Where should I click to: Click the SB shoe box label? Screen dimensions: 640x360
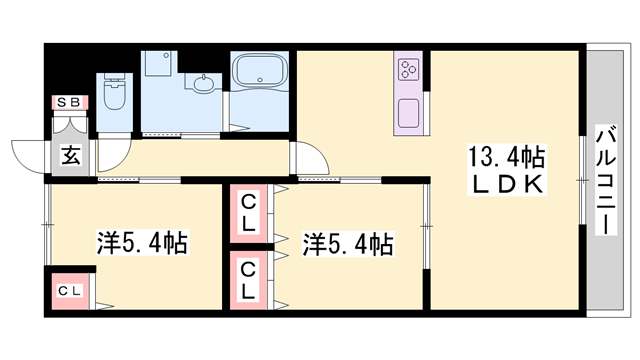coord(69,102)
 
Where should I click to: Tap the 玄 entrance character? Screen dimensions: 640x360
coord(71,156)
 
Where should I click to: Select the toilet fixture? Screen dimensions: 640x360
coord(115,92)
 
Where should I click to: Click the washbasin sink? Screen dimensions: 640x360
coord(203,84)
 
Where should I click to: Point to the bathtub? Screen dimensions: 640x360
coord(259,70)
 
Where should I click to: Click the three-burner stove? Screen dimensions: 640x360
coord(409,69)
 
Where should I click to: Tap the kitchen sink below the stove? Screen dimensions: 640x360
coord(409,113)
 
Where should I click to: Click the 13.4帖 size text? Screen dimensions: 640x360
coord(507,158)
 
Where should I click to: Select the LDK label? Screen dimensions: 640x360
coord(507,184)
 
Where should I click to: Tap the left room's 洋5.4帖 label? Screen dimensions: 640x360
coord(142,243)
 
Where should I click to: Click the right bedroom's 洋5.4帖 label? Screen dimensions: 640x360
coord(348,244)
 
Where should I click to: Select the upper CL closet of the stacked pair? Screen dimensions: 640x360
coord(249,214)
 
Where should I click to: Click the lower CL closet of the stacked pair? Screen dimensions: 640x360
coord(249,280)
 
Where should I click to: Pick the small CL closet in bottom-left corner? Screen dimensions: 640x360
coord(70,291)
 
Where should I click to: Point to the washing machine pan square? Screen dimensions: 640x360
coord(158,63)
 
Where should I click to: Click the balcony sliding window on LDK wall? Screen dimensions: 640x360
coord(583,180)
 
